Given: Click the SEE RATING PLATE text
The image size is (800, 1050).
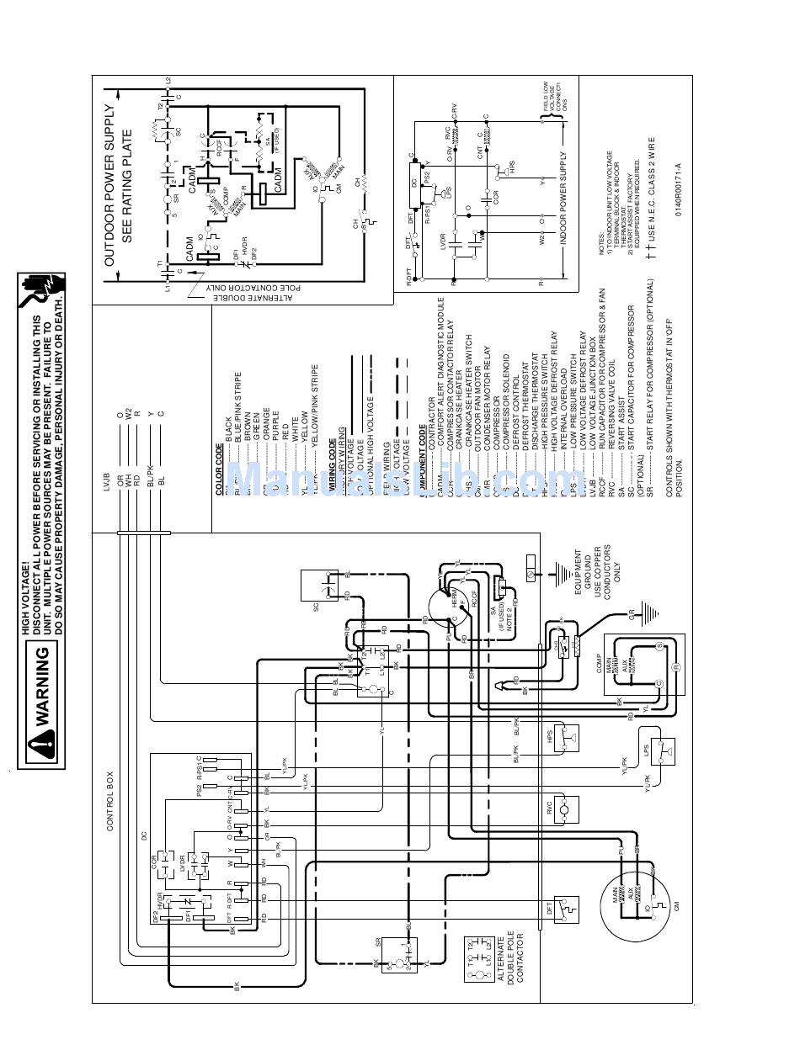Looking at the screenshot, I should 129,186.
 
